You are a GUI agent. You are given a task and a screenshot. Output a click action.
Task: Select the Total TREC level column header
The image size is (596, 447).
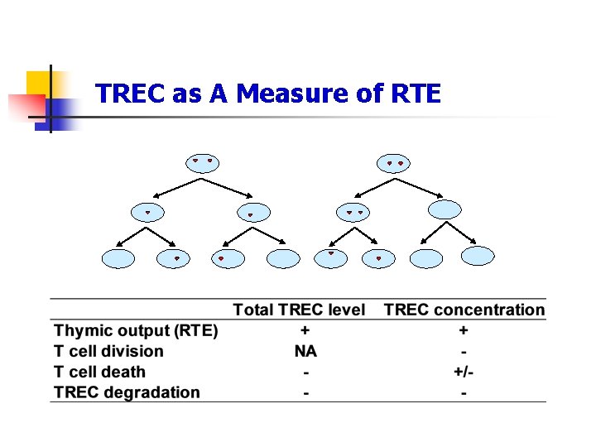299,310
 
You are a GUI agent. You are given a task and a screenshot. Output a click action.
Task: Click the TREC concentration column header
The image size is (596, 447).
464,310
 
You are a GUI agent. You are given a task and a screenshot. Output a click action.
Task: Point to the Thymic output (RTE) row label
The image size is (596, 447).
137,331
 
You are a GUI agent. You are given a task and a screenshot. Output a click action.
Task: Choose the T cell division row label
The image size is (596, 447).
109,351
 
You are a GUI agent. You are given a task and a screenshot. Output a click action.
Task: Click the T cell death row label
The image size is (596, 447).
100,372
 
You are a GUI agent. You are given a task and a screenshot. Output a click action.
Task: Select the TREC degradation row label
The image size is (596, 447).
127,392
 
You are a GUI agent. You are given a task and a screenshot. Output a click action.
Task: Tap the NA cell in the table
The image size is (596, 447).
305,352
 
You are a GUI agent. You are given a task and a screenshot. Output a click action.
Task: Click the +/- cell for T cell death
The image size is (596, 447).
464,372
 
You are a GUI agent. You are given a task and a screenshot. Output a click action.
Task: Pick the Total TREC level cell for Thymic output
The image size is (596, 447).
305,331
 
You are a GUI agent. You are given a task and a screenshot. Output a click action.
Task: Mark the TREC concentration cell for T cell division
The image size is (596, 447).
464,352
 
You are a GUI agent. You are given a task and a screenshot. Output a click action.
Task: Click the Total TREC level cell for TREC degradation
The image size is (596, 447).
305,393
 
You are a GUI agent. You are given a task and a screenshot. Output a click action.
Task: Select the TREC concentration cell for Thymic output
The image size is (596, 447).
464,331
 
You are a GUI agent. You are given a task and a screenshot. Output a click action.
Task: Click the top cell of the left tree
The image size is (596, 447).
203,162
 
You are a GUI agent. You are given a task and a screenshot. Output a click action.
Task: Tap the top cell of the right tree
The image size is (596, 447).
394,165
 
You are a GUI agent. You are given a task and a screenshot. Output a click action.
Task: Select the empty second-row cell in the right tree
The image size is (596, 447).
445,209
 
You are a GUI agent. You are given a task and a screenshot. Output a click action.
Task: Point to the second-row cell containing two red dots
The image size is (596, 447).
354,214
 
